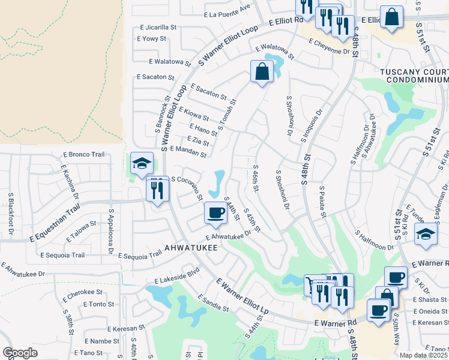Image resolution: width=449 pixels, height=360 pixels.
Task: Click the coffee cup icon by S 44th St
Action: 215,213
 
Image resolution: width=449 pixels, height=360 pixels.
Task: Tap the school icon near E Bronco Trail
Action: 142,163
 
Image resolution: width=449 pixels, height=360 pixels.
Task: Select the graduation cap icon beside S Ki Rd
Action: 426,234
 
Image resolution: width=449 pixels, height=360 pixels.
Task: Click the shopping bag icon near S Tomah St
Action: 262,72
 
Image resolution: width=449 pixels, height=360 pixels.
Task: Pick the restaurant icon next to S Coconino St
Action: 157,190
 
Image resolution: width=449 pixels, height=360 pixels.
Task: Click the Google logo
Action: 20,353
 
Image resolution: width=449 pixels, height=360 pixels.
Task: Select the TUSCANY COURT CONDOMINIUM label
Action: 414,76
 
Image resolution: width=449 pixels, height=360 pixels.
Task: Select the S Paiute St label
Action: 324,203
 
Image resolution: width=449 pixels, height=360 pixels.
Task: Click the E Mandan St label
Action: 188,152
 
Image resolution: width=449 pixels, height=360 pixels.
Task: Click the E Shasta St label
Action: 430,300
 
